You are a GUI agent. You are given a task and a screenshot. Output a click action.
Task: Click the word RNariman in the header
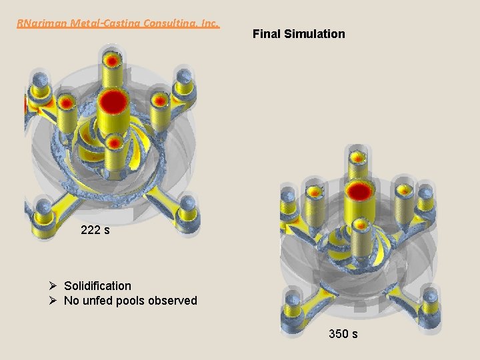(x=39, y=23)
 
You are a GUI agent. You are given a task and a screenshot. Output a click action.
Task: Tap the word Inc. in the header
(x=207, y=23)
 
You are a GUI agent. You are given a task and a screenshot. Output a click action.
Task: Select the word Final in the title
(x=266, y=33)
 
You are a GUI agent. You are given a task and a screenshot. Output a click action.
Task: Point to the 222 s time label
(x=95, y=231)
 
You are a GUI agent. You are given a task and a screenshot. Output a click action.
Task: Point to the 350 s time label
(x=343, y=333)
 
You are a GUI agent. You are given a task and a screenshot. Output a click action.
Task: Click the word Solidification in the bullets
(x=97, y=285)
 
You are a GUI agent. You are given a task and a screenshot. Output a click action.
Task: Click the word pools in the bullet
(x=130, y=301)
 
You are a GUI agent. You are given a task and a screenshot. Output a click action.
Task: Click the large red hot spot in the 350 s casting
(x=360, y=191)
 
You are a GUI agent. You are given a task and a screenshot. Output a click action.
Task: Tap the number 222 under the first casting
(x=90, y=231)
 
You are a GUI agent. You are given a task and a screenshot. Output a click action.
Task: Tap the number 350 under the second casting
(x=338, y=333)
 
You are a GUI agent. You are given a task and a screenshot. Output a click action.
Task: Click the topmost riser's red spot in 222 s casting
(x=113, y=59)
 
